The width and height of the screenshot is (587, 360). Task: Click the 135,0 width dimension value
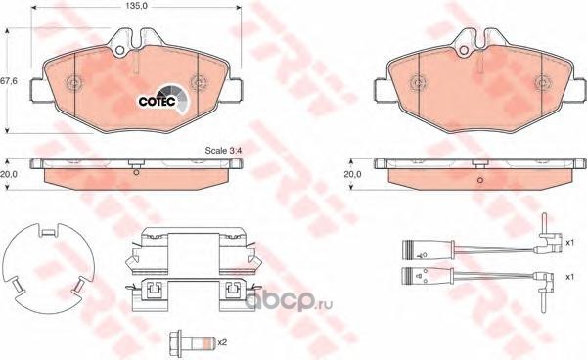(136, 6)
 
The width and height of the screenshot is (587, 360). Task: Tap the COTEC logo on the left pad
(162, 101)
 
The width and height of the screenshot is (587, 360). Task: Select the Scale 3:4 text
(224, 151)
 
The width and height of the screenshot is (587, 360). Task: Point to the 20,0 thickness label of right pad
(352, 174)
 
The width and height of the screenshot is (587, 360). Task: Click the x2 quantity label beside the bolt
(222, 341)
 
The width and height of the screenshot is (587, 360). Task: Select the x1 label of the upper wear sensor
(569, 243)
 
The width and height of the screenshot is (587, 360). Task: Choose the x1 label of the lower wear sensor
(569, 277)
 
